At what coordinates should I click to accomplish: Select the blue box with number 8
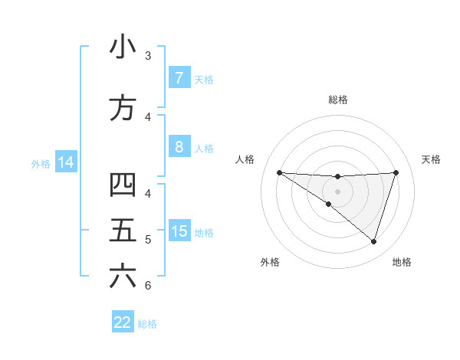(x=179, y=148)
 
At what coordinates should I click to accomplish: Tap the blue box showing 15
(x=179, y=232)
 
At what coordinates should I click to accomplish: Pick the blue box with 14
(x=65, y=163)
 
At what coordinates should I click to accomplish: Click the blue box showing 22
(x=123, y=322)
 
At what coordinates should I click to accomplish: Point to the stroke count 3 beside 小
(x=148, y=56)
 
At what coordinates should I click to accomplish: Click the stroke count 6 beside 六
(x=148, y=286)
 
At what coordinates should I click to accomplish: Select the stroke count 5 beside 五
(x=148, y=240)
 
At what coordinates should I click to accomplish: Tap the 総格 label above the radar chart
(x=337, y=100)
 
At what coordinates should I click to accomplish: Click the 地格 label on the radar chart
(x=402, y=262)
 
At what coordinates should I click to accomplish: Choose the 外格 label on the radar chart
(x=270, y=262)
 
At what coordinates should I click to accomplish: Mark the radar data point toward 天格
(x=396, y=172)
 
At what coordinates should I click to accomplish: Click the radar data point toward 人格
(x=279, y=172)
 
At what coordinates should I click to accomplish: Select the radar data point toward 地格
(x=373, y=241)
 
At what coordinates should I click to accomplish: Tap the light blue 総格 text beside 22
(x=147, y=324)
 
